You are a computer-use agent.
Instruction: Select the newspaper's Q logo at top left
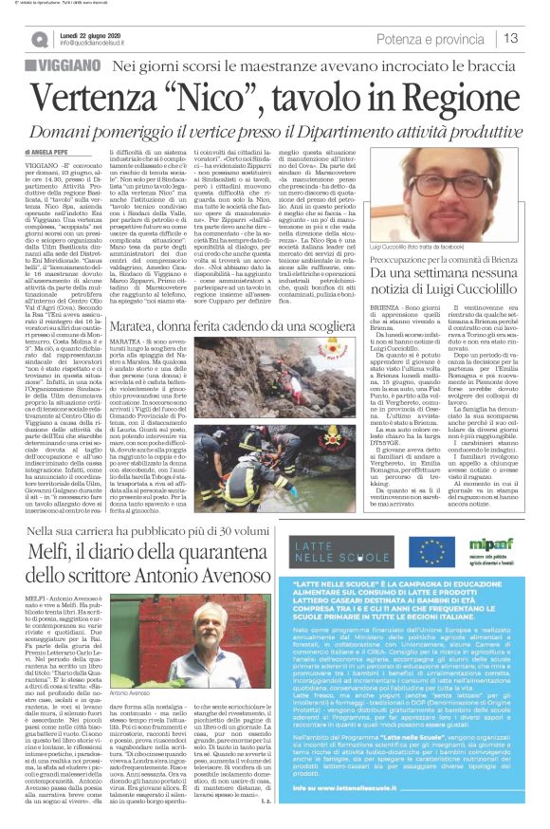coord(38,39)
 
